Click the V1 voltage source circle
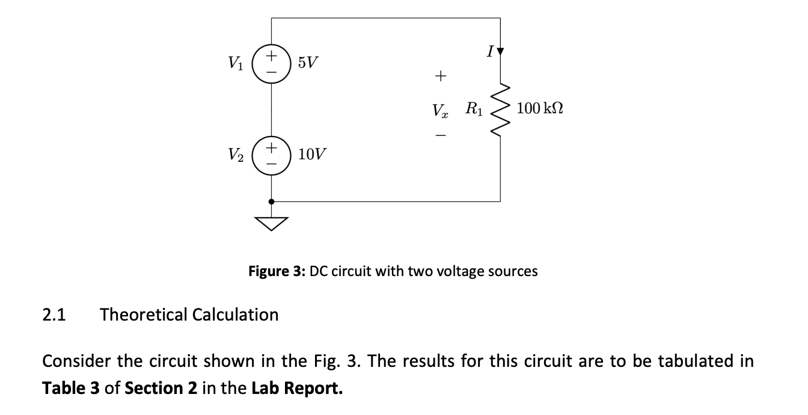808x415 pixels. [272, 63]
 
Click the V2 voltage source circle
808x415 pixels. [272, 155]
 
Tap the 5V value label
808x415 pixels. [309, 63]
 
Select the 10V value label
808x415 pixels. [313, 155]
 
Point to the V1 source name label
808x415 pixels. [236, 63]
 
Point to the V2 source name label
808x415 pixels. [236, 155]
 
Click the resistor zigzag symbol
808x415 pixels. [500, 109]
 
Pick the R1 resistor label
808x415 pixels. [473, 109]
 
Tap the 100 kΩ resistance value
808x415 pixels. [539, 109]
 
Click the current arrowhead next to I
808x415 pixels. [500, 52]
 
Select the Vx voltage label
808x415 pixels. [440, 111]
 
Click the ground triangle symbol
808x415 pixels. [272, 224]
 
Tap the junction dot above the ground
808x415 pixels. [272, 201]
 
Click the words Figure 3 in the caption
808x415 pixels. [277, 271]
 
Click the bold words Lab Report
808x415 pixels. [297, 388]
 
